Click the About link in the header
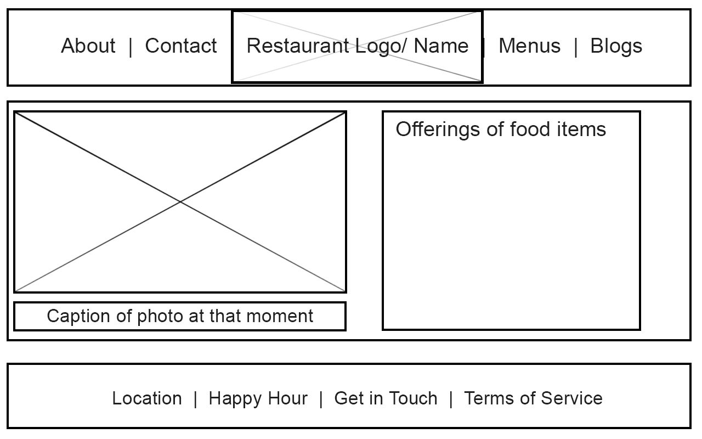(88, 46)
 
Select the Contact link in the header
(181, 46)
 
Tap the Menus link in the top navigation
(529, 46)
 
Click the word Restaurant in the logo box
(298, 46)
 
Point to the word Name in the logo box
(441, 46)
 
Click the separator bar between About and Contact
(131, 47)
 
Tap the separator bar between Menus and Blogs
(576, 47)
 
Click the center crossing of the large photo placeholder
(180, 202)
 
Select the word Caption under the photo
(78, 316)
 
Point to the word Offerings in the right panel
(438, 129)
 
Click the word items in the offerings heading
(581, 129)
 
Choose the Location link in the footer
(147, 398)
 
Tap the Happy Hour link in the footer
(258, 399)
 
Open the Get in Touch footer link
(386, 398)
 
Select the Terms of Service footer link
(533, 398)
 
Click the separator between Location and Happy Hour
(196, 399)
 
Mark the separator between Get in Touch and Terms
(451, 399)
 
